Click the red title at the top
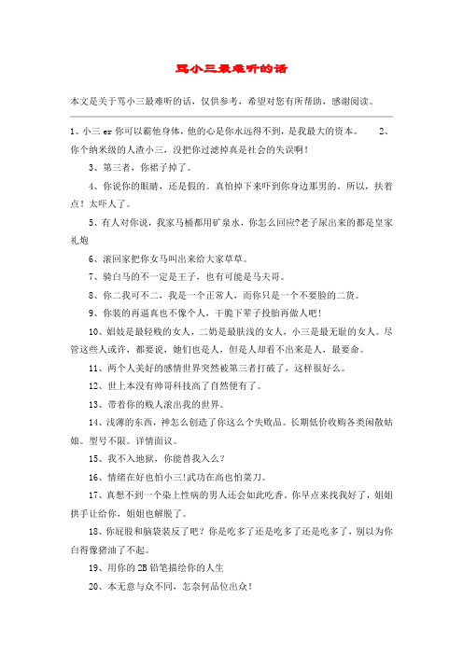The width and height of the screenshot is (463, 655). click(x=231, y=67)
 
